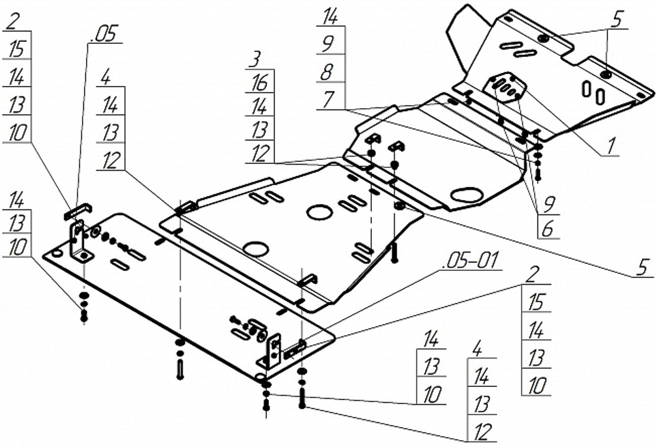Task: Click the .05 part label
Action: coord(104,34)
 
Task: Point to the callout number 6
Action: coord(546,230)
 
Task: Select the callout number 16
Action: coord(260,83)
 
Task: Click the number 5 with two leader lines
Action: coord(615,20)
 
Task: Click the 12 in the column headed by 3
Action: coord(259,153)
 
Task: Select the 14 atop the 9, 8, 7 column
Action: coord(329,15)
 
